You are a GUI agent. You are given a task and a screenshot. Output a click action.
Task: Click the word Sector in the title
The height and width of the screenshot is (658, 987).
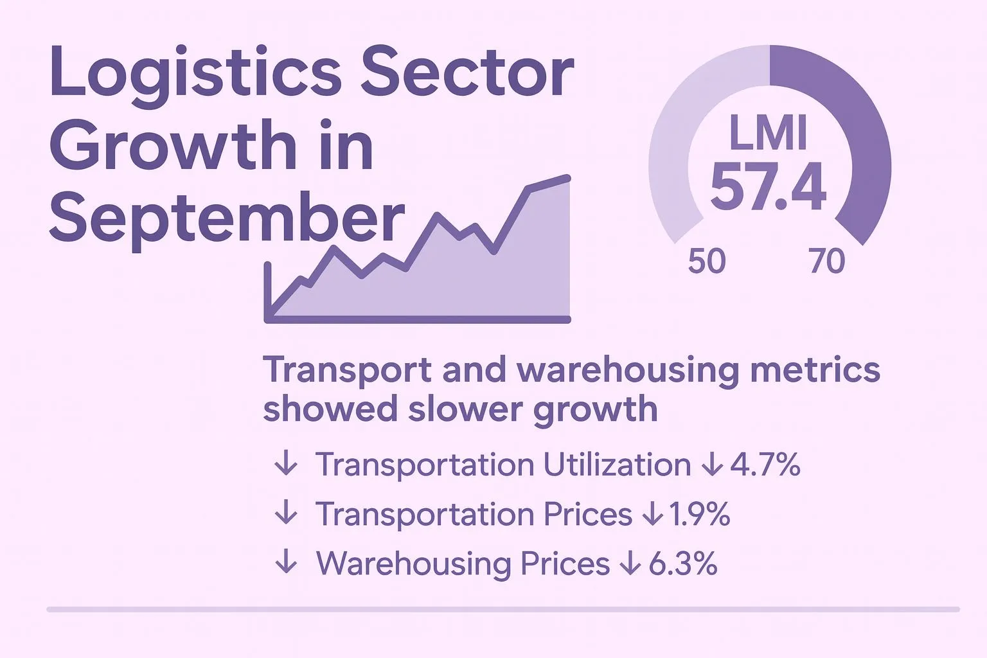click(x=467, y=72)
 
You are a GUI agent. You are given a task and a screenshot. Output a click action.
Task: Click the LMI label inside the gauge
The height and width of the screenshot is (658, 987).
click(x=769, y=133)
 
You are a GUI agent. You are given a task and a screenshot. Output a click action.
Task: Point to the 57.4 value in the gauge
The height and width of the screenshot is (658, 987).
click(x=769, y=187)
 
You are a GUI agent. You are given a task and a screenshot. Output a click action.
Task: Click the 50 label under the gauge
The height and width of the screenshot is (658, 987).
click(x=707, y=262)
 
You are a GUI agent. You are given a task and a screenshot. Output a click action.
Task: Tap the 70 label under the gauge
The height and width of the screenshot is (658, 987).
click(x=827, y=262)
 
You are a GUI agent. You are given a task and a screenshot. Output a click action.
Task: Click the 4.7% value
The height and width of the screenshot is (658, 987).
click(x=765, y=465)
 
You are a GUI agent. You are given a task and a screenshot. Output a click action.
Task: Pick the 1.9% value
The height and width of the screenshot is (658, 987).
click(x=700, y=514)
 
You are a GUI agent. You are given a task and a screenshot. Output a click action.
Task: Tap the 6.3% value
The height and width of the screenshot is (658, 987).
click(x=683, y=564)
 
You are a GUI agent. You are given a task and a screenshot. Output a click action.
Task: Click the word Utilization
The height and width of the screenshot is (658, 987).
click(x=617, y=465)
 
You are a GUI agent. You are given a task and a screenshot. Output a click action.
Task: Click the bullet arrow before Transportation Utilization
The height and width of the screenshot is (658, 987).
click(x=286, y=465)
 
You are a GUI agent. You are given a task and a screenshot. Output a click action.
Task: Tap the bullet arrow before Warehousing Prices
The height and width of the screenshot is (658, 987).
click(x=286, y=564)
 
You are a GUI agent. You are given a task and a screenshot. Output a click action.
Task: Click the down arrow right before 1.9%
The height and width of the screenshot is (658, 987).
click(x=652, y=514)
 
